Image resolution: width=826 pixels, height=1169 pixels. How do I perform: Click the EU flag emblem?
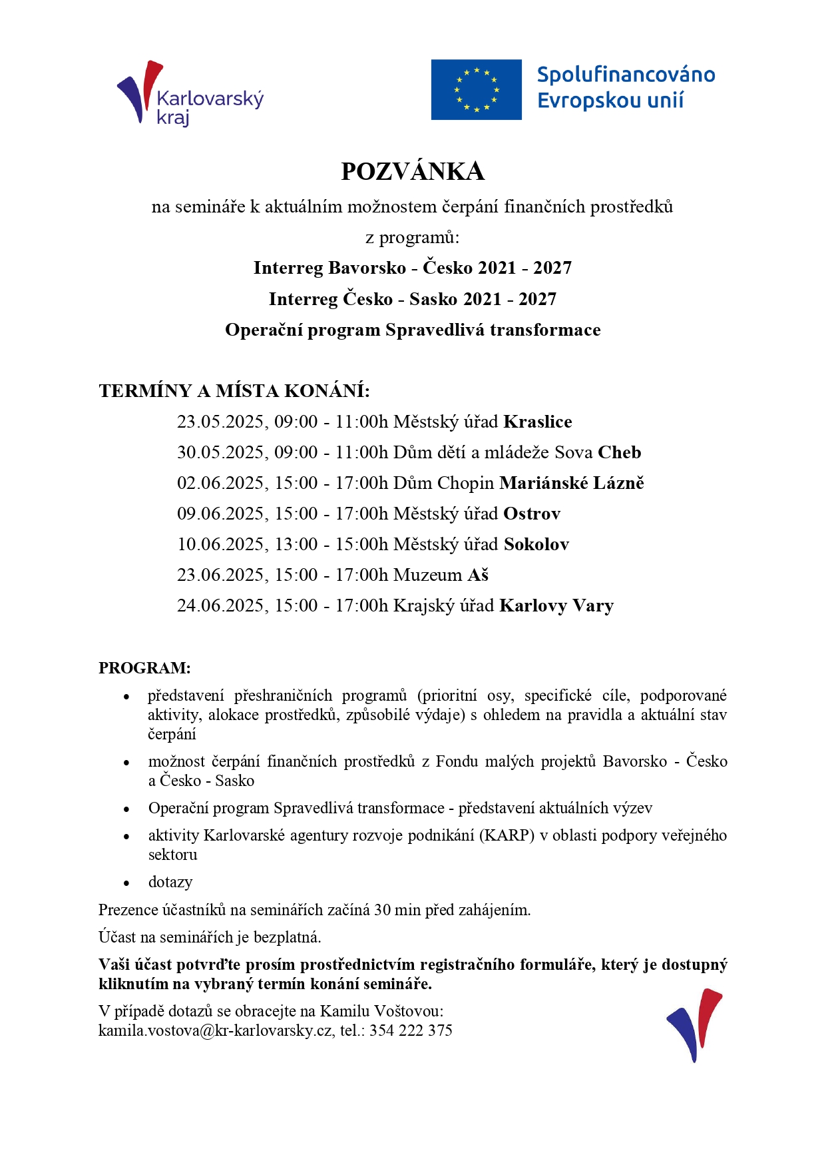(476, 90)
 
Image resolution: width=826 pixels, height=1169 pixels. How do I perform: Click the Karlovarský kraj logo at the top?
(190, 95)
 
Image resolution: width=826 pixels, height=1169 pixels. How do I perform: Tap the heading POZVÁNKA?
(413, 172)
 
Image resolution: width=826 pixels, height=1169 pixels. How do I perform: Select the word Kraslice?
(538, 422)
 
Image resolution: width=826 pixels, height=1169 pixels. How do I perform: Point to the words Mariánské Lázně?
(572, 483)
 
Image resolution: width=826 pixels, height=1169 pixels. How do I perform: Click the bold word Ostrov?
(532, 514)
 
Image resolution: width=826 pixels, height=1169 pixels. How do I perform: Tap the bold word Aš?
(478, 575)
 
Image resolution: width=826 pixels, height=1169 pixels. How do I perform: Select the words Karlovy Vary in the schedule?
(556, 605)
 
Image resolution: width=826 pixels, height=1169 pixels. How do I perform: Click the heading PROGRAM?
(144, 668)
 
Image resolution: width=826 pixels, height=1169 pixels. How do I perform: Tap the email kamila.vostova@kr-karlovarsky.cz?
(215, 1030)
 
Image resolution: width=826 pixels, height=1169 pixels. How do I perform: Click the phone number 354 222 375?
(411, 1030)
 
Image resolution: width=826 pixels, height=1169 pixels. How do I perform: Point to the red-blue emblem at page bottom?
(694, 1025)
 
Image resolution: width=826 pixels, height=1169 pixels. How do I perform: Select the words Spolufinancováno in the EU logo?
(626, 75)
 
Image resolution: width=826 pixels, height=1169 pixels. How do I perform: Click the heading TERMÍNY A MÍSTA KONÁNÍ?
(234, 391)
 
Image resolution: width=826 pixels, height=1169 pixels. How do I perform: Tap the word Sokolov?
(536, 544)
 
